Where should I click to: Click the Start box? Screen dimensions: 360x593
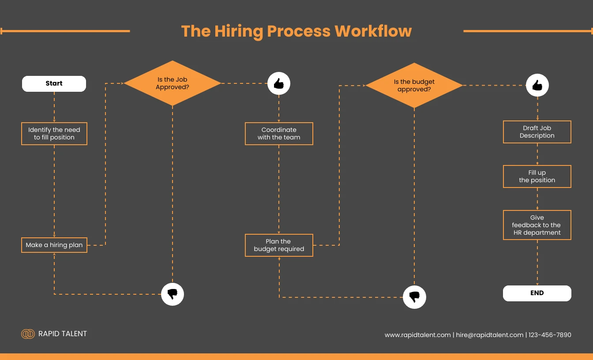point(54,83)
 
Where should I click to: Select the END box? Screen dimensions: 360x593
point(537,293)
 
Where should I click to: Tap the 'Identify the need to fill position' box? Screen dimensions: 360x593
point(54,134)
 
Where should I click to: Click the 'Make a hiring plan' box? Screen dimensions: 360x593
point(54,245)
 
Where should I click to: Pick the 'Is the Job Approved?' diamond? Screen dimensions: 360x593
point(172,83)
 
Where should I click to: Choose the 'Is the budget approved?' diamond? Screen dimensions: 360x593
point(414,86)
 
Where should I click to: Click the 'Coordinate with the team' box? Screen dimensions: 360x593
point(279,134)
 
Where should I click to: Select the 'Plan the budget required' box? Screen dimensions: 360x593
point(279,245)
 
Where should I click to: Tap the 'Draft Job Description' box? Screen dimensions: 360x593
point(537,132)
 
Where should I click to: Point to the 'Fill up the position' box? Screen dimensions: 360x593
point(537,176)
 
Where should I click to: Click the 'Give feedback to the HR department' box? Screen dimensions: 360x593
point(537,225)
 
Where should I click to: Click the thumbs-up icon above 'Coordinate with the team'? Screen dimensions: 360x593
point(279,83)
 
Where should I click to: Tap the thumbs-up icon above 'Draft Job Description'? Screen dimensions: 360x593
point(537,86)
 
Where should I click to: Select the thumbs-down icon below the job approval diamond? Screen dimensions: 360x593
point(172,294)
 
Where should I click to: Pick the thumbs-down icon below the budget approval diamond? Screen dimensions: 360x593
point(414,297)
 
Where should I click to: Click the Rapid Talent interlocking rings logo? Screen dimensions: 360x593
point(28,334)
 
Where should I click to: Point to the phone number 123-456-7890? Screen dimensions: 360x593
point(550,335)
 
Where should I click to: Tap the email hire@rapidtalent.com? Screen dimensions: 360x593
point(489,335)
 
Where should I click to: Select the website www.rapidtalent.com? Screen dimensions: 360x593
point(417,335)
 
